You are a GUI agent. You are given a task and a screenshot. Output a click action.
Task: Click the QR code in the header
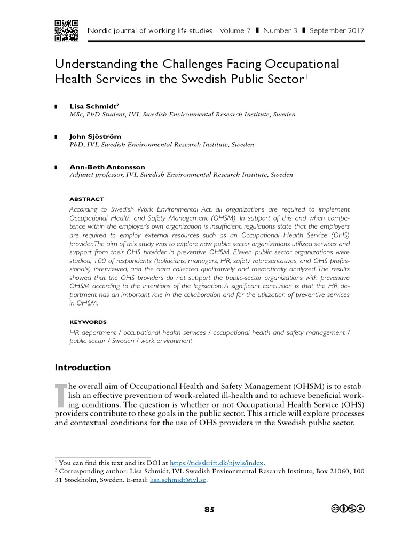coord(67,30)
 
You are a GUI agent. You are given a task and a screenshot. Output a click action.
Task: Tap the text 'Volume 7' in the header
coord(235,30)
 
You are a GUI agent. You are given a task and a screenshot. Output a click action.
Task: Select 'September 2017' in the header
coord(337,30)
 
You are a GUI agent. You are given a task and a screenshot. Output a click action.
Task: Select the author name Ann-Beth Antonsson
coord(107,167)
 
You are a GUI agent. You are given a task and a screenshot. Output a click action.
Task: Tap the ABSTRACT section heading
coord(87,199)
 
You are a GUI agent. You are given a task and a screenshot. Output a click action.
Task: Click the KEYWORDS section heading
coord(88,322)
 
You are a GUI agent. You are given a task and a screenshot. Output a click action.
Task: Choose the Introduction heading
coord(83,368)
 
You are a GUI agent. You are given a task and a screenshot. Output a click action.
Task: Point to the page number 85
coord(209,510)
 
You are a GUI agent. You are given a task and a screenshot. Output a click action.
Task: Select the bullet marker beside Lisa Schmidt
coord(56,107)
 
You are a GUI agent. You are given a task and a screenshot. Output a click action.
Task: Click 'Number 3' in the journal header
coord(279,30)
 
